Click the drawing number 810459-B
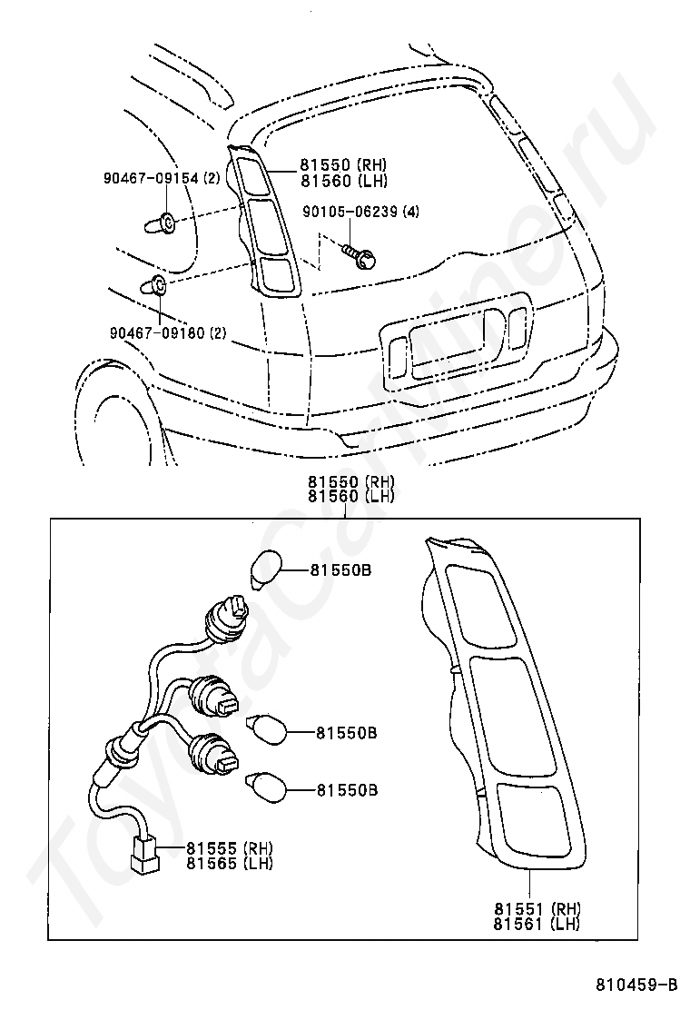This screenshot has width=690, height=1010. [636, 984]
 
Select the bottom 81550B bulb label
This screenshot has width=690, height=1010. [347, 790]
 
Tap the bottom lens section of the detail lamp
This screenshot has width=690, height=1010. [535, 821]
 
